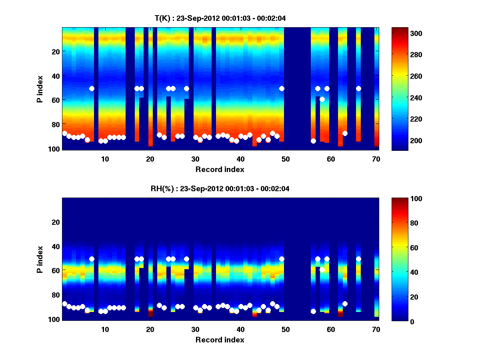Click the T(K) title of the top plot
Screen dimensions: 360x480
click(x=220, y=18)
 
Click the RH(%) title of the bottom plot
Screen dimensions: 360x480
click(x=220, y=188)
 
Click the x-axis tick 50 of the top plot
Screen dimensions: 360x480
click(x=286, y=159)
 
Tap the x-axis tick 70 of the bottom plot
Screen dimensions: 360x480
click(x=376, y=329)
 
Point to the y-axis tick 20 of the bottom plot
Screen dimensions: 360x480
click(x=56, y=222)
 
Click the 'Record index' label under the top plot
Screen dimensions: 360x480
click(x=220, y=169)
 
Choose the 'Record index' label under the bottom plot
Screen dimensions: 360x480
click(x=220, y=340)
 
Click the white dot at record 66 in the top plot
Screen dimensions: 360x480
click(x=358, y=88)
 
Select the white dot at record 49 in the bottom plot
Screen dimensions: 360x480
click(x=282, y=259)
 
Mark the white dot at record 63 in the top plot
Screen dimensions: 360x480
click(x=345, y=133)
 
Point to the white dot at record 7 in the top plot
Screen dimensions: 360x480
click(x=92, y=88)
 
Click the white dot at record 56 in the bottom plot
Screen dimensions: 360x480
click(x=313, y=311)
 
